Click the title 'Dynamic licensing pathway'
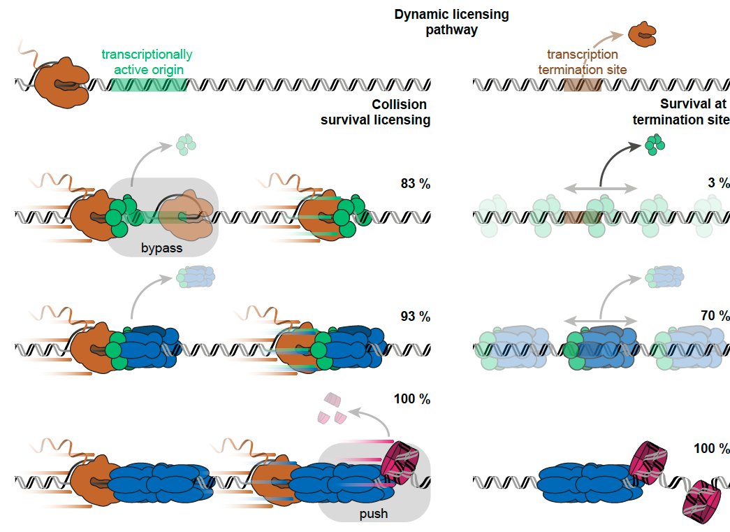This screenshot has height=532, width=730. coord(451,23)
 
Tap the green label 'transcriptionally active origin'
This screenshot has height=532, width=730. coord(147,62)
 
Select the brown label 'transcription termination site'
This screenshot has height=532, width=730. coord(582,62)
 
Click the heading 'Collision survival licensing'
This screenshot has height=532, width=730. coord(375,112)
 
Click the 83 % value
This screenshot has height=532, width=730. coord(415,185)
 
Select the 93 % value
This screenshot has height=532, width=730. coord(415,316)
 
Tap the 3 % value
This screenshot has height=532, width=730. coord(714,185)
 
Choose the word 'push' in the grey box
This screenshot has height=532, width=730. coord(374,515)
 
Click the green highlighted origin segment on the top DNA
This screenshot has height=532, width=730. coord(149,85)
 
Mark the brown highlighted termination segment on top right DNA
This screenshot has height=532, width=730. coord(582,85)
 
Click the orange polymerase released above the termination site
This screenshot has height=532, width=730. coord(642,34)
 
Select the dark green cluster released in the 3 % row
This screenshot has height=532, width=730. coord(655,144)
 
